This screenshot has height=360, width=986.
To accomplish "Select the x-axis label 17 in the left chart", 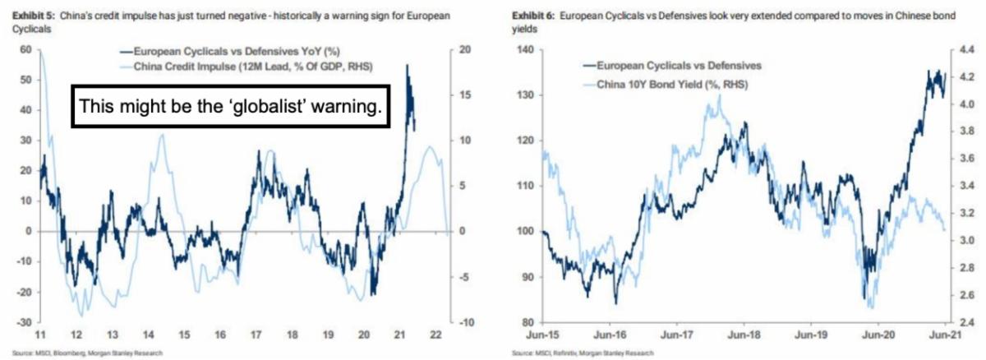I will point(256,335).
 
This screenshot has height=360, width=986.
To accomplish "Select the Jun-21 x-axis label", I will point(946,335).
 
